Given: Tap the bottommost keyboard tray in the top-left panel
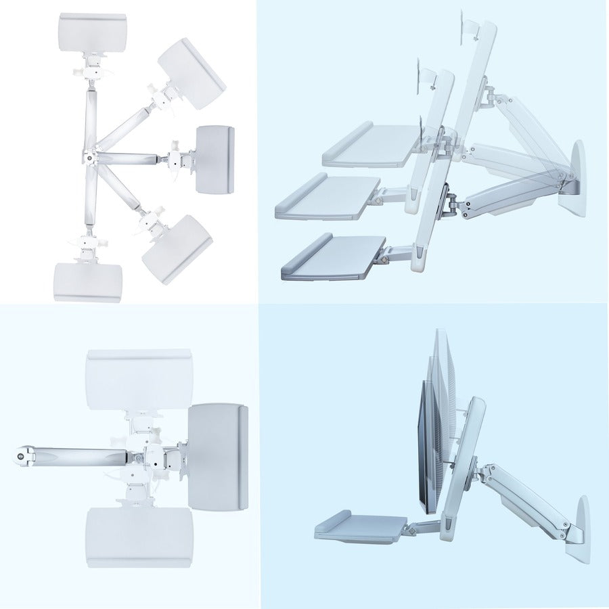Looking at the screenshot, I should click(88, 281).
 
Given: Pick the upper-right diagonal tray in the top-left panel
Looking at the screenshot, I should click(191, 73).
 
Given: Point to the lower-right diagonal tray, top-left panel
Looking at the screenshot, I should click(177, 248).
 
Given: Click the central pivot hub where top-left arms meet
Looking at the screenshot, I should click(89, 157).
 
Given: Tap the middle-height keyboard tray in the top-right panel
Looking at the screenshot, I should click(328, 196).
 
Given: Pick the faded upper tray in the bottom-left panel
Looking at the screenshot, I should click(139, 379).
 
